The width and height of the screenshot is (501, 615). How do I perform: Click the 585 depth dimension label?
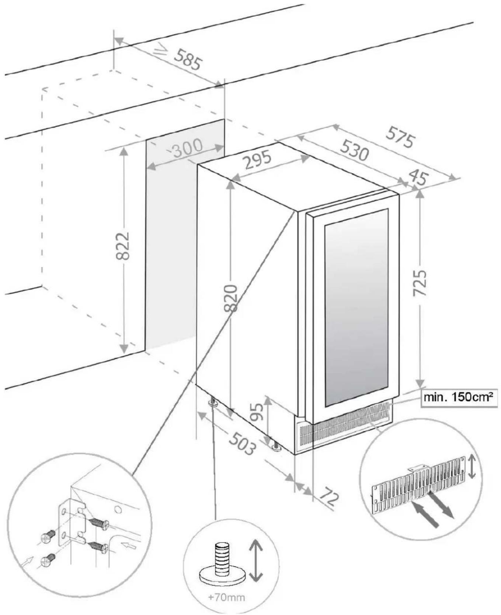188,60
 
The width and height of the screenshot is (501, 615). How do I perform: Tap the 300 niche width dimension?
187,148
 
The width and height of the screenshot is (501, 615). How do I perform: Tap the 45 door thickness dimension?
417,178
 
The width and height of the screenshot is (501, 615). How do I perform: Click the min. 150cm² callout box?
459,397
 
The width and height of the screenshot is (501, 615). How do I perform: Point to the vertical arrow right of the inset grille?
472,467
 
